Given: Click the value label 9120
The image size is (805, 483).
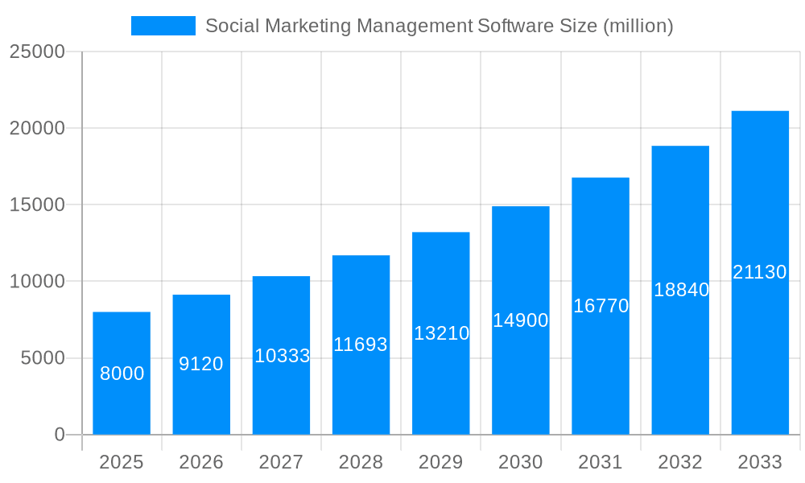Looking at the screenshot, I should (201, 364).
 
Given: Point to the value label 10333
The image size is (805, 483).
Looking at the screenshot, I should (282, 356).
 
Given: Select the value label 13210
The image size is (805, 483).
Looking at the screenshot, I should (441, 333).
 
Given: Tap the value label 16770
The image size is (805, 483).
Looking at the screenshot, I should (601, 306).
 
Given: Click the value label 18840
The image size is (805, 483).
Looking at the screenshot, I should (681, 290).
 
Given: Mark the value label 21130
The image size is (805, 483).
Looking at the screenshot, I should (760, 272).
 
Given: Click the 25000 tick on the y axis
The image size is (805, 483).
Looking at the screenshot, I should (37, 52).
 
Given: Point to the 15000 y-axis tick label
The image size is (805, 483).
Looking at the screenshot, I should (37, 204).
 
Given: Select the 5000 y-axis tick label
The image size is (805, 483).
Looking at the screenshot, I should (43, 358).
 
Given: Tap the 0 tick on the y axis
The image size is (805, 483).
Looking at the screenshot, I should (60, 435).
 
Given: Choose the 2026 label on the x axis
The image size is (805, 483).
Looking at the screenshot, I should (201, 462).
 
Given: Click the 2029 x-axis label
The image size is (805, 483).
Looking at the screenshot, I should (441, 462).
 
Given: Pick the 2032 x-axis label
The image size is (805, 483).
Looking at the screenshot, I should (680, 462).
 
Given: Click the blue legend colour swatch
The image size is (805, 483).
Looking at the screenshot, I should (163, 26).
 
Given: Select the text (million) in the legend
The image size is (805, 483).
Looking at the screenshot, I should (638, 26).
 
